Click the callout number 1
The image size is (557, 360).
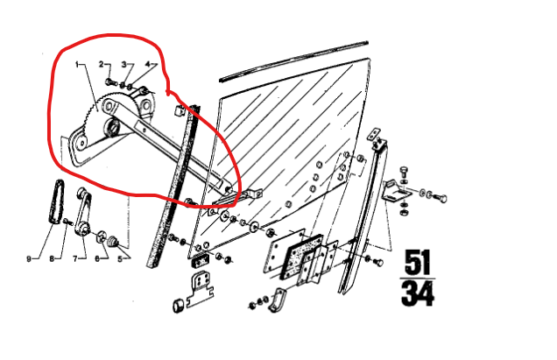point(77,64)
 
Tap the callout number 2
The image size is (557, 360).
point(102,64)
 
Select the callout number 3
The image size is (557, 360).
point(124,64)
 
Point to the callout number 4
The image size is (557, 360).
point(148,64)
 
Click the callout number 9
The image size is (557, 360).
point(29,258)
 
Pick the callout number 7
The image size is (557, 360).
point(75,258)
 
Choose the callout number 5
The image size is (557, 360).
point(120,258)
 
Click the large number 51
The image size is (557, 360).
point(418,262)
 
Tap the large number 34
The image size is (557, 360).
point(418,293)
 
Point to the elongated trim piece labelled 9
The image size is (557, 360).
point(56,202)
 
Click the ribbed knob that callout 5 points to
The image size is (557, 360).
point(113,241)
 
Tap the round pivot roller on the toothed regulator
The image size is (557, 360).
point(112,126)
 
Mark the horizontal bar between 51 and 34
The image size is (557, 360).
point(418,279)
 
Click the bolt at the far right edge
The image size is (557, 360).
point(441,198)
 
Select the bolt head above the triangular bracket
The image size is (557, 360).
point(404,170)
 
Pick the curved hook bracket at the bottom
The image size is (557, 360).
point(276,300)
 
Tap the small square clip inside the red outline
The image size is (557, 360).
point(180,110)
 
